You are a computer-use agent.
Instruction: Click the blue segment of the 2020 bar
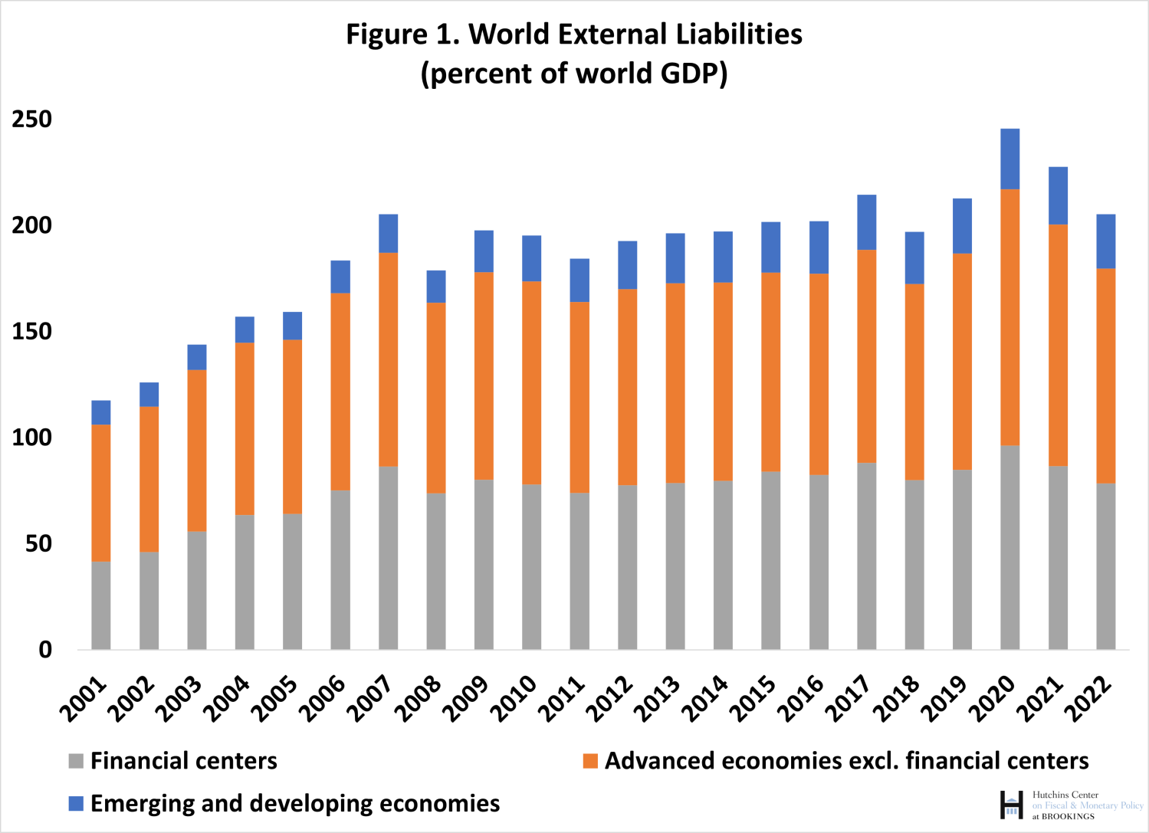[x=1009, y=159]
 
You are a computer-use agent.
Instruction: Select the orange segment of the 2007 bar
[x=388, y=359]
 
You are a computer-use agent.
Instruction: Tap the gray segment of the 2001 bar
[x=100, y=605]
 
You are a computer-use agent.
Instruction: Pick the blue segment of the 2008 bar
[x=436, y=287]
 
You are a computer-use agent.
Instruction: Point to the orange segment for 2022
[x=1105, y=376]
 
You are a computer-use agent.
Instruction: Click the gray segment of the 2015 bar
[x=770, y=560]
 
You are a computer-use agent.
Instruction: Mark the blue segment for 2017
[x=866, y=222]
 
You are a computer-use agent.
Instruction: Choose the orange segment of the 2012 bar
[x=627, y=387]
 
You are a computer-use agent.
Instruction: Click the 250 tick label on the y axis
[x=32, y=120]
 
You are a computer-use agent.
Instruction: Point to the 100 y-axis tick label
[x=32, y=438]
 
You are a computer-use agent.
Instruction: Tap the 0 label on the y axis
[x=45, y=650]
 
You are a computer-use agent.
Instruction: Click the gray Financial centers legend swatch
[x=76, y=761]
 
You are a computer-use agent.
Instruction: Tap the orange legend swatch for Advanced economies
[x=590, y=761]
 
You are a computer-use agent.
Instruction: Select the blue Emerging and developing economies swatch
[x=76, y=803]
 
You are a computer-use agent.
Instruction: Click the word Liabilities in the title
[x=739, y=34]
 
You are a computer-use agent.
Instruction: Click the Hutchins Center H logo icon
[x=1011, y=805]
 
